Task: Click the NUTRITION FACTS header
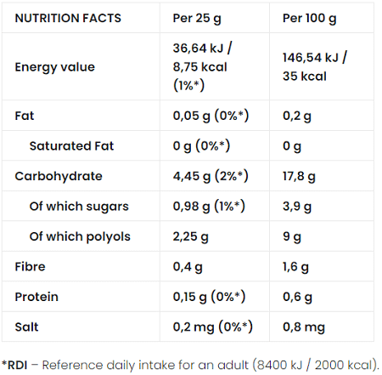[x=68, y=18]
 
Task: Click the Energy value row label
[x=55, y=66]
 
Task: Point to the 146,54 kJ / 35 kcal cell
[x=314, y=66]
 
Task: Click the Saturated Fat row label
[x=74, y=145]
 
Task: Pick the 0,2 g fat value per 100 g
[x=296, y=115]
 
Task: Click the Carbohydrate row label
[x=59, y=176]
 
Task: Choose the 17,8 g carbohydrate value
[x=299, y=176]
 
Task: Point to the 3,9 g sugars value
[x=296, y=206]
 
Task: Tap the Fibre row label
[x=31, y=267]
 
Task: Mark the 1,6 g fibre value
[x=296, y=267]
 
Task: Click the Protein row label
[x=37, y=297]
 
